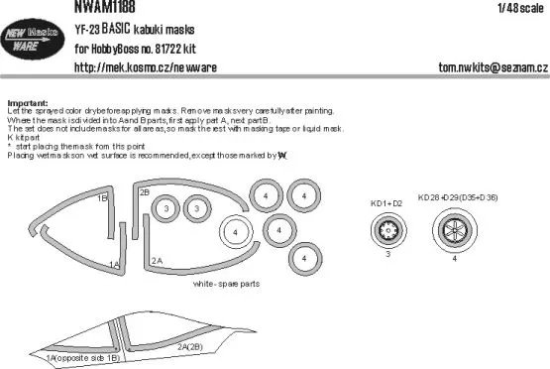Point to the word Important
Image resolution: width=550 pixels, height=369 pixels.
point(27,102)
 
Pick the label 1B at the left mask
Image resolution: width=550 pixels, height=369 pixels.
point(102,198)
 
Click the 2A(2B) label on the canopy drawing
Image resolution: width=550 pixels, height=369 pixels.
point(193,347)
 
